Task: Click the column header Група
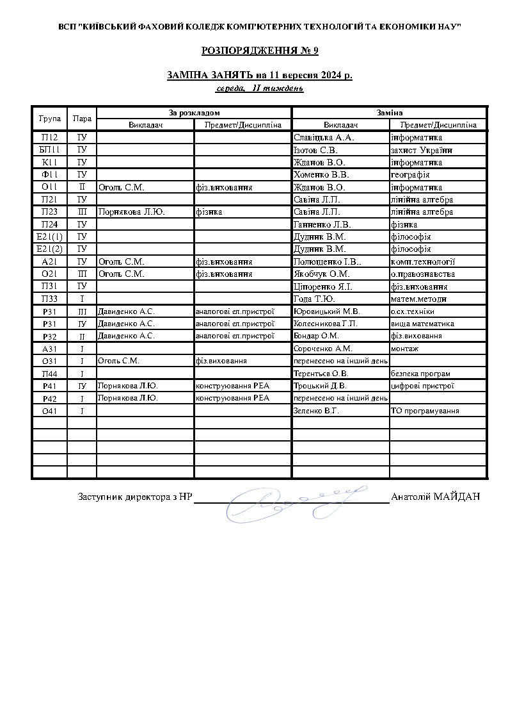point(49,119)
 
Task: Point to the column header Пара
point(82,119)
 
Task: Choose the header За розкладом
point(194,112)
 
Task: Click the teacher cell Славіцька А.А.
point(323,137)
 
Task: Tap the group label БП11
point(49,150)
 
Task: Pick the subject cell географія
point(409,174)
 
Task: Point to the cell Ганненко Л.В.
point(321,224)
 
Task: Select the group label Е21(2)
point(49,249)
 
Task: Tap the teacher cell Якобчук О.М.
point(321,274)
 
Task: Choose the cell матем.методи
point(418,299)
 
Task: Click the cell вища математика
point(422,324)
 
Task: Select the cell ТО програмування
point(425,411)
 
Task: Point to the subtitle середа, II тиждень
point(259,88)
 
